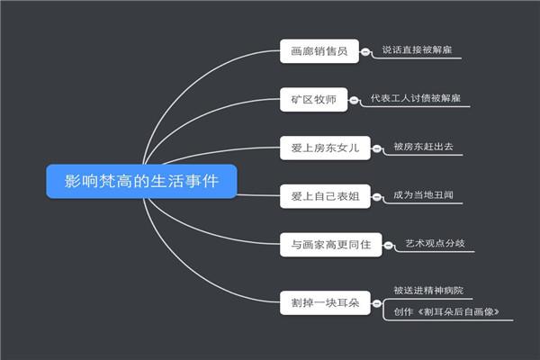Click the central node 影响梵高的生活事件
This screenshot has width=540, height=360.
click(141, 181)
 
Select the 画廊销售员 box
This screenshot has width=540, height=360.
click(319, 51)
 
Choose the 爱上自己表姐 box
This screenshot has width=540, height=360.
click(325, 196)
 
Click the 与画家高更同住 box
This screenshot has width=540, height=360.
click(330, 244)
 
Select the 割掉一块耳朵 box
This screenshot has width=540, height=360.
click(325, 301)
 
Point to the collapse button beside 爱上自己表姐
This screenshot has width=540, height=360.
click(378, 196)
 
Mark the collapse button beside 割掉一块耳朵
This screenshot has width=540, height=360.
click(378, 301)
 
